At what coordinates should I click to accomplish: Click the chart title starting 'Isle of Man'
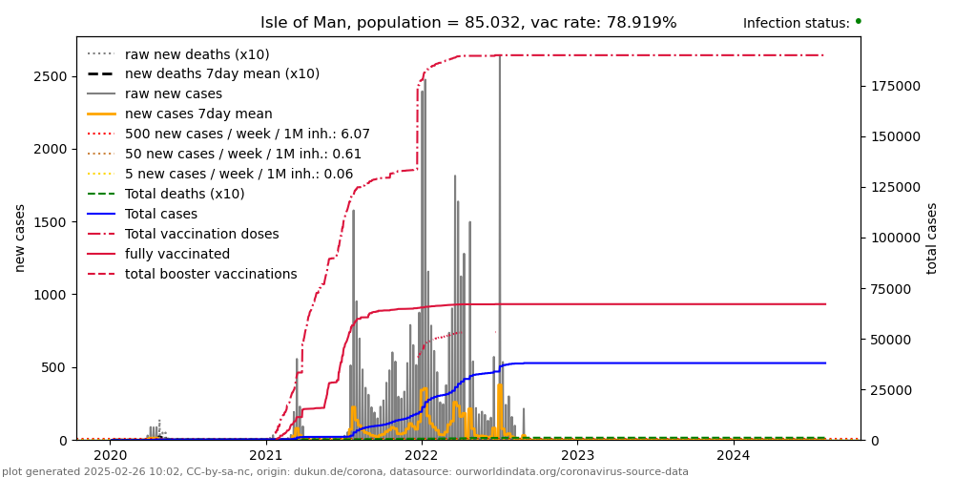tap(468, 23)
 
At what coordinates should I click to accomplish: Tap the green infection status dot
tap(858, 20)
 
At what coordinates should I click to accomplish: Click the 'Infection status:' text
tap(796, 24)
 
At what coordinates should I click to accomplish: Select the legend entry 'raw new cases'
tap(174, 94)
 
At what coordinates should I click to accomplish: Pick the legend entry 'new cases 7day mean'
tap(198, 114)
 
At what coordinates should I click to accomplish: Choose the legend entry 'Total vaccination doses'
tap(202, 235)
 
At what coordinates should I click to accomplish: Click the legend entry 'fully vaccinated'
tap(177, 255)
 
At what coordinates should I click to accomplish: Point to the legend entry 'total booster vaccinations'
tap(211, 275)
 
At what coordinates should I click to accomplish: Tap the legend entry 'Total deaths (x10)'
tap(185, 195)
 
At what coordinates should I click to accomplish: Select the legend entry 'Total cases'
tap(161, 215)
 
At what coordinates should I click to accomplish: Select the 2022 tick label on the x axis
tap(422, 456)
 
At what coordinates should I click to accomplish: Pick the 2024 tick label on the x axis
tap(734, 456)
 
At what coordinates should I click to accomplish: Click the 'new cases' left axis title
tap(20, 238)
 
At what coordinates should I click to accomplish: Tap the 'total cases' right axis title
tap(932, 238)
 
